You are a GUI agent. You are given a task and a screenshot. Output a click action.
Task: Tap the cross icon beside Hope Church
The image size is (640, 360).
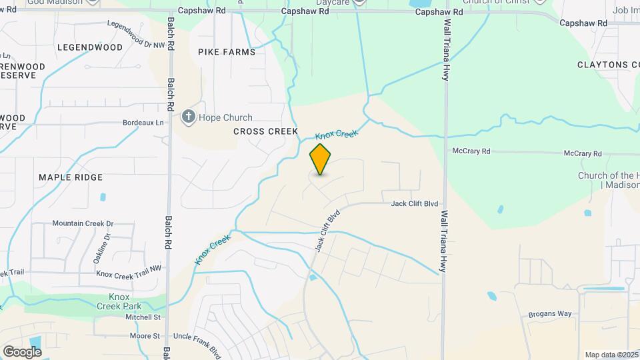coord(189,117)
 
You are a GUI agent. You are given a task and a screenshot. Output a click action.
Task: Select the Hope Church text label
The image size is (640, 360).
coord(227,118)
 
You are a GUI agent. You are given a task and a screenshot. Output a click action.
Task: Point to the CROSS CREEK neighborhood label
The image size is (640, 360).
coord(265,131)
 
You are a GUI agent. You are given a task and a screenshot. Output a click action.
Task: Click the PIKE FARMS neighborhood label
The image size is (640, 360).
coord(227,52)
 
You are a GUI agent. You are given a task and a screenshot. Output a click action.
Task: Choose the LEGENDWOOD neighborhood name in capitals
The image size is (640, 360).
coord(90,47)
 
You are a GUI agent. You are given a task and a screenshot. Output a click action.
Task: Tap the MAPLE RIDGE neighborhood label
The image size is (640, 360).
coord(71,177)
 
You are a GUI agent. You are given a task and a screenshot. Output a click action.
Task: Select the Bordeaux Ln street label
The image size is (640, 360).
coord(143,123)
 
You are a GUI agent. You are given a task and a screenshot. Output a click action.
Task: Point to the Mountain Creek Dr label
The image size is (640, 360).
coord(83,223)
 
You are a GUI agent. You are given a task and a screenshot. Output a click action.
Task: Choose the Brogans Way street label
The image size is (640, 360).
coord(550,314)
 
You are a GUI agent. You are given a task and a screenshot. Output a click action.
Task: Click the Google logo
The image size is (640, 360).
coord(22,352)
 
